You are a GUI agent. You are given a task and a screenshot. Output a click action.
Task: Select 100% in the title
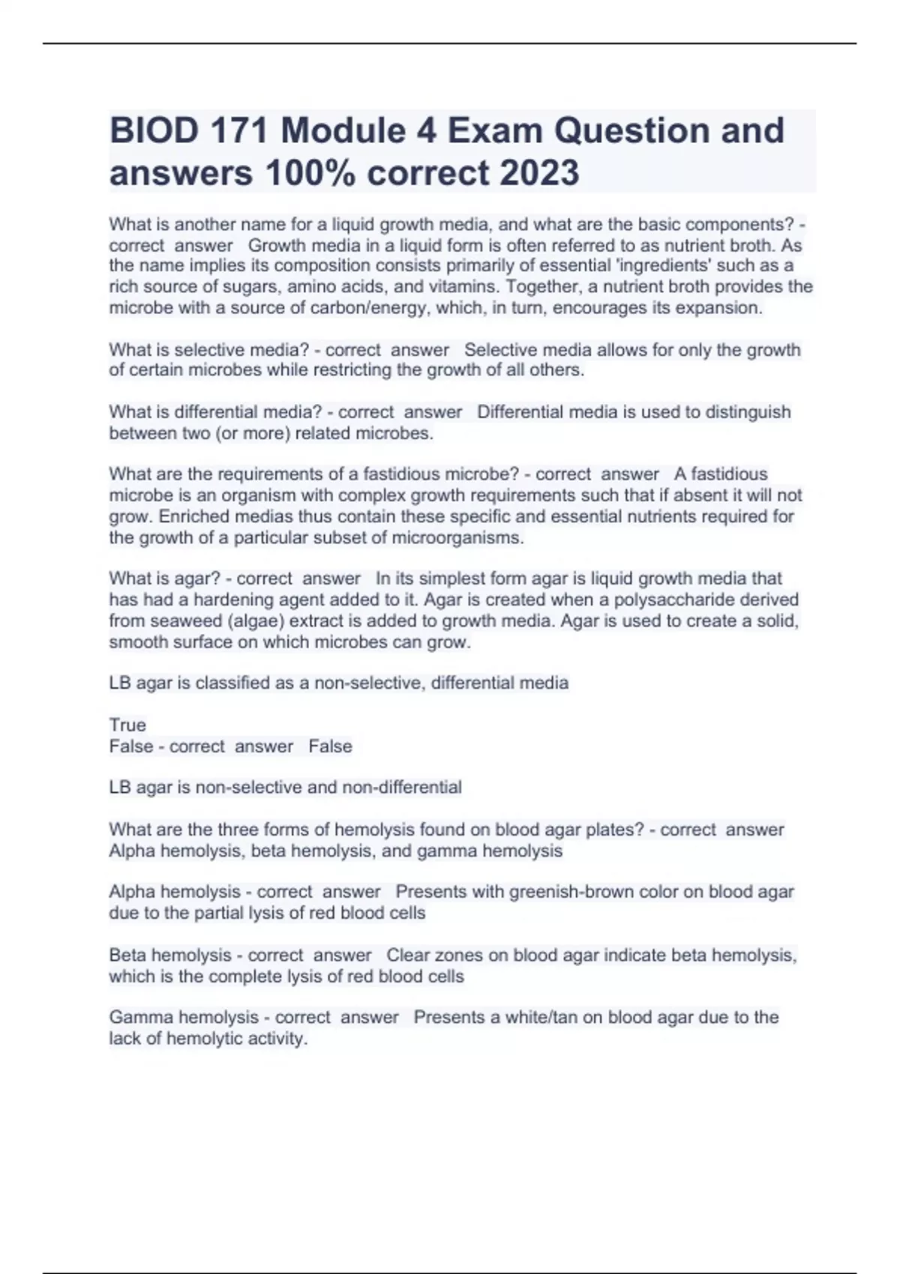308,173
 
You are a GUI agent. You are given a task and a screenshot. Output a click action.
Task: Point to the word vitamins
464,286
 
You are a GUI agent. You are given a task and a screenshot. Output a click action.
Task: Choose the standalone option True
127,725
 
